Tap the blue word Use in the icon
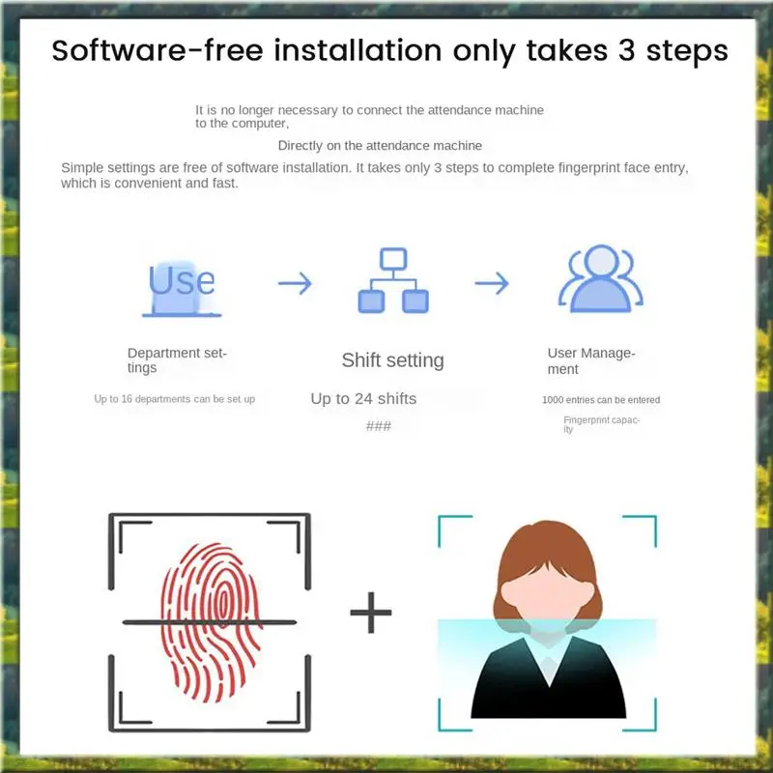click(182, 280)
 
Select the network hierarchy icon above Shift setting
click(392, 281)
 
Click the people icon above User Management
click(601, 279)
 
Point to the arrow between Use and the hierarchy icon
click(295, 283)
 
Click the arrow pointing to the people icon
click(491, 283)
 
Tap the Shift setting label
click(392, 360)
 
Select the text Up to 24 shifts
click(363, 398)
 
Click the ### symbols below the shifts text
click(378, 426)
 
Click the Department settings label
click(176, 360)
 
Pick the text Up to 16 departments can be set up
click(174, 399)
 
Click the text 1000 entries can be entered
click(601, 400)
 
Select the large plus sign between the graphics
click(370, 613)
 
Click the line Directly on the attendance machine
click(380, 146)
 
